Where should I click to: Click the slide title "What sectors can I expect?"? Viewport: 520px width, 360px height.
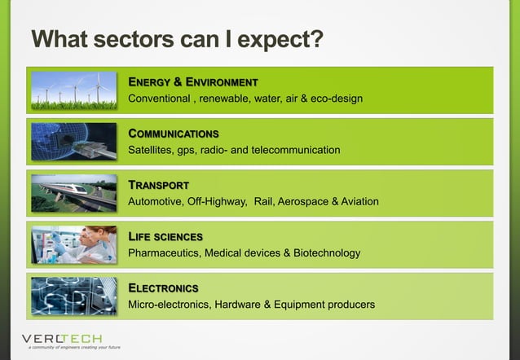(x=177, y=39)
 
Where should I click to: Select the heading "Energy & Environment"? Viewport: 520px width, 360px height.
(x=193, y=82)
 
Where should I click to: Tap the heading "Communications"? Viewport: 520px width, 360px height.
(x=174, y=134)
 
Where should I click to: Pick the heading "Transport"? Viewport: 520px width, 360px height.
(x=159, y=185)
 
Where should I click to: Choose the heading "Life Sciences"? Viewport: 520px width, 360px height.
(x=165, y=236)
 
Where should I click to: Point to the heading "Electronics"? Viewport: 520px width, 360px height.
(x=164, y=288)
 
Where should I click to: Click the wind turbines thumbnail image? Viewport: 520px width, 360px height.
(x=74, y=90)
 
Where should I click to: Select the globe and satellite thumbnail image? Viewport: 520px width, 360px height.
(x=74, y=142)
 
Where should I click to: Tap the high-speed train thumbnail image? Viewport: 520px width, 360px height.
(x=74, y=193)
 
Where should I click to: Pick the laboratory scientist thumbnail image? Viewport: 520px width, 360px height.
(x=74, y=244)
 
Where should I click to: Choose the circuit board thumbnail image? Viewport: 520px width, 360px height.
(x=74, y=296)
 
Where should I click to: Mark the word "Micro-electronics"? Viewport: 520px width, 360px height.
(x=170, y=305)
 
